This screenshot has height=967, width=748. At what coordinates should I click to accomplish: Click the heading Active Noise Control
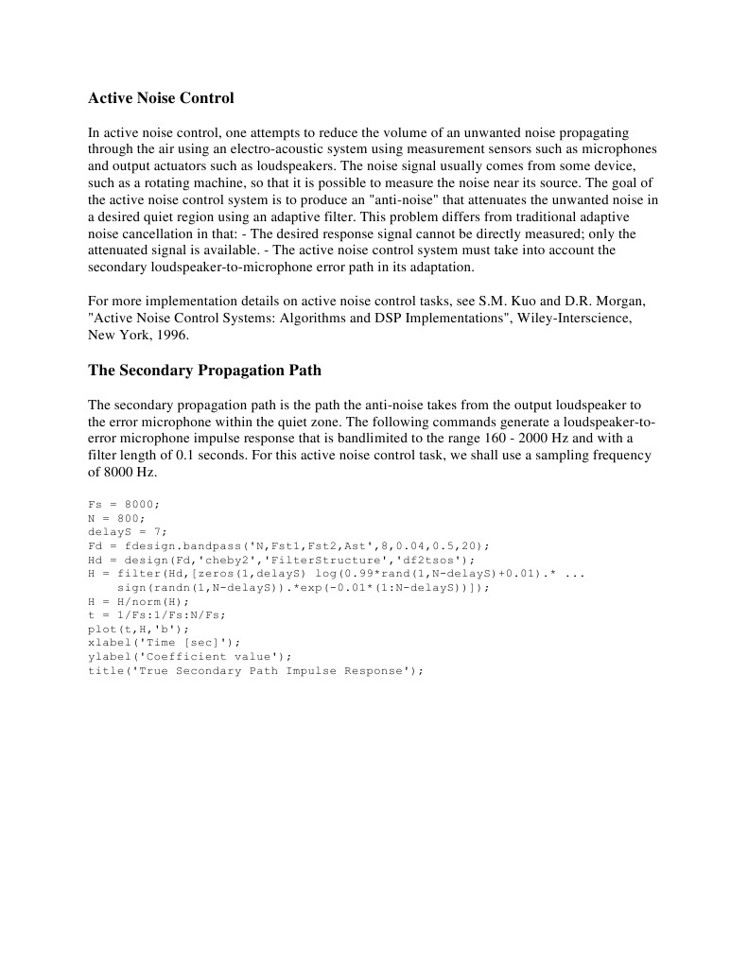coord(161,98)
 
